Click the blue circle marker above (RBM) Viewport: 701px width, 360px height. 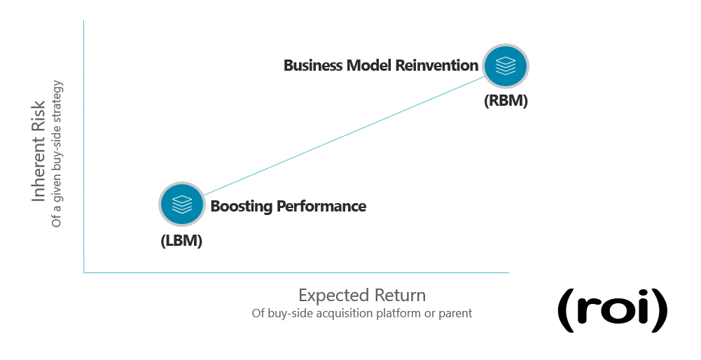click(x=506, y=66)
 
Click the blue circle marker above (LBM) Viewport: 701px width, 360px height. click(x=182, y=204)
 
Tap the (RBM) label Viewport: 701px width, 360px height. click(x=506, y=101)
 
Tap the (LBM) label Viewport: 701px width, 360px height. click(x=181, y=241)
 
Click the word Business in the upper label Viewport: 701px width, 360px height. click(x=313, y=65)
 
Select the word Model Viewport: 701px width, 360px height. click(x=369, y=65)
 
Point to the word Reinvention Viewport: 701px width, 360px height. click(x=437, y=65)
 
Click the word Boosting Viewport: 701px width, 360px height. click(x=242, y=206)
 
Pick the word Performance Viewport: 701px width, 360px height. click(x=321, y=206)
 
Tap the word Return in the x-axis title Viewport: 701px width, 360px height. click(x=400, y=296)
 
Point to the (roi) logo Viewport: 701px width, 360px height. click(x=613, y=310)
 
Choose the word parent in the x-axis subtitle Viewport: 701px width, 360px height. click(x=455, y=314)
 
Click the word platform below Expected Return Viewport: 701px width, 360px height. click(x=398, y=314)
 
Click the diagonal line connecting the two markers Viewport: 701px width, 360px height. click(x=345, y=135)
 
